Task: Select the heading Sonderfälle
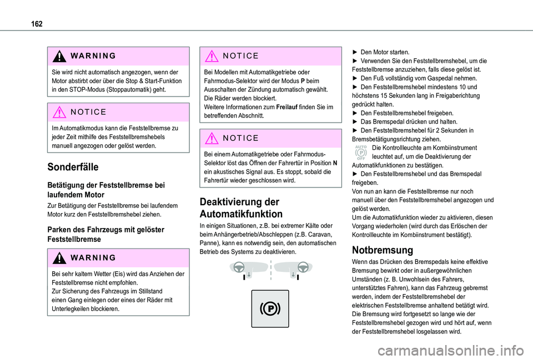[x=73, y=168]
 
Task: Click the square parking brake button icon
[x=270, y=308]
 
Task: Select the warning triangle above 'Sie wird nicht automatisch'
[x=58, y=55]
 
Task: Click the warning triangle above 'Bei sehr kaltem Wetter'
[x=58, y=257]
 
